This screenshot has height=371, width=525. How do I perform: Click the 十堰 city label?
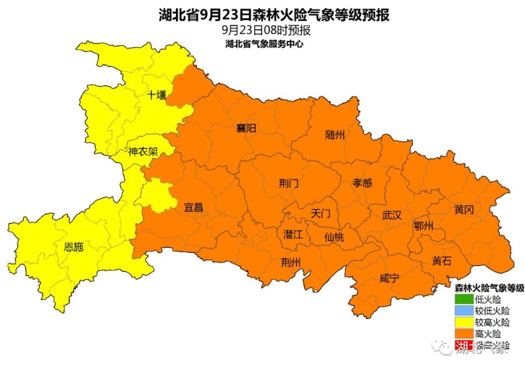pos(156,95)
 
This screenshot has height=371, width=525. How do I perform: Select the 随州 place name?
pos(335,135)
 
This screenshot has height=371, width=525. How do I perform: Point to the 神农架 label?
pos(143,152)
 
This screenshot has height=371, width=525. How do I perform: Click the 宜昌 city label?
pos(193,207)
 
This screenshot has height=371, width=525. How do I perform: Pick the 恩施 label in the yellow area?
pos(73,247)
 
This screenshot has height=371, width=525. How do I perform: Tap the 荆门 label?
pos(288,183)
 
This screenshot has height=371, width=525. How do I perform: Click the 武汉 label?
pos(391,215)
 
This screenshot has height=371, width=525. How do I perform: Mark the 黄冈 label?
pos(464,210)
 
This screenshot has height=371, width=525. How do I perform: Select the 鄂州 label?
pos(423,226)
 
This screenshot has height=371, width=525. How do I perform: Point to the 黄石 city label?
pos(441,261)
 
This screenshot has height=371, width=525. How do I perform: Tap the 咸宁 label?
pos(389,278)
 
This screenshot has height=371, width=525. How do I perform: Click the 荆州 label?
pos(290,262)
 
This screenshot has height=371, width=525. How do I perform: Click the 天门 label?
pos(320,213)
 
